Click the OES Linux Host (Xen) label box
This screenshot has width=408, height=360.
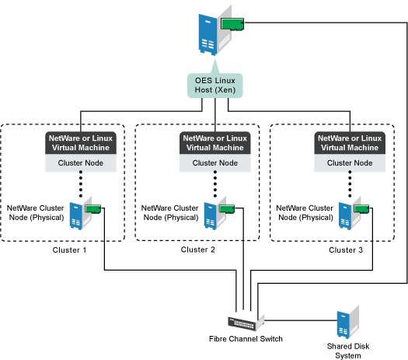click(215, 86)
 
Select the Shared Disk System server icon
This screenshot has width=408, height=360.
click(348, 322)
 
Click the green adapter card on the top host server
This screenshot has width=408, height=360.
click(232, 24)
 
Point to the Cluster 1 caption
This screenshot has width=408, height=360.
click(69, 250)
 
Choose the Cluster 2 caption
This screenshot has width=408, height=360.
click(197, 250)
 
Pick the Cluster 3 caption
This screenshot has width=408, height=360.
click(346, 250)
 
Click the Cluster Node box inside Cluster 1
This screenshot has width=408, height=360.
click(81, 163)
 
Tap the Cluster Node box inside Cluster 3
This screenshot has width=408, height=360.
click(350, 163)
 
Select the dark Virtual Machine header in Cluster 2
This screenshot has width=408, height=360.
click(215, 143)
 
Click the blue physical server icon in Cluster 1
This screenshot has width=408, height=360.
click(76, 216)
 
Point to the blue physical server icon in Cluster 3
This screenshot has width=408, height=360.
click(345, 216)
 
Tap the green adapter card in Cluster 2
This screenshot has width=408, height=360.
click(227, 209)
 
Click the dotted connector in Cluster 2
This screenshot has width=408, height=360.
click(215, 183)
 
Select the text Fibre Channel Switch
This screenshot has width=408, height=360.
click(246, 339)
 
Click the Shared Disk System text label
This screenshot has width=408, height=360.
click(348, 351)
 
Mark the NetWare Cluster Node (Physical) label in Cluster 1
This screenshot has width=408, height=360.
click(36, 213)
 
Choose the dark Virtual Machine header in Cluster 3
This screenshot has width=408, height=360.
click(350, 143)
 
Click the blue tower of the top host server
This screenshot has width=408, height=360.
click(207, 35)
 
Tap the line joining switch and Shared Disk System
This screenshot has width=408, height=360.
click(301, 320)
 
